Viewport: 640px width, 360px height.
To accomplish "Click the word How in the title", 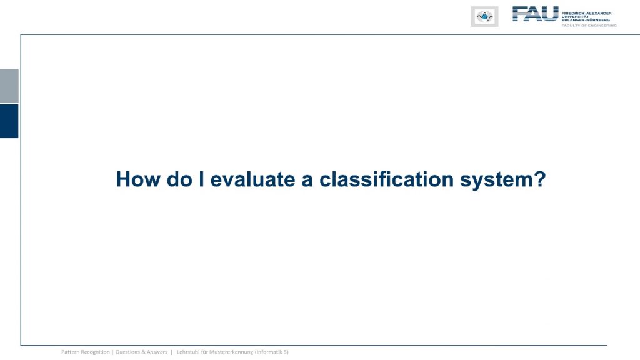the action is [x=138, y=179].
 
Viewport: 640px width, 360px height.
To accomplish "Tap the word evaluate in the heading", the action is [x=252, y=179].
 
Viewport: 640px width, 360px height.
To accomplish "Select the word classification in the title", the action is [x=386, y=179].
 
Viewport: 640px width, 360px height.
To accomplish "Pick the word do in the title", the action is [x=179, y=179].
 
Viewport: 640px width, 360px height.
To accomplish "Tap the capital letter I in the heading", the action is [x=202, y=179].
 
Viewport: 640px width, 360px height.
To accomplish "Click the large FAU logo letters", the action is [x=535, y=14].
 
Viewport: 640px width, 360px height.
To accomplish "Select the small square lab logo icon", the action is [x=484, y=17].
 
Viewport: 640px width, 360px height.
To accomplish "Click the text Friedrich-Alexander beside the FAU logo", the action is [x=586, y=14].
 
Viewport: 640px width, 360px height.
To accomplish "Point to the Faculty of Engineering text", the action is [x=589, y=25].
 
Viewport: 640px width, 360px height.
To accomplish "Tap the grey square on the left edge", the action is [x=9, y=86].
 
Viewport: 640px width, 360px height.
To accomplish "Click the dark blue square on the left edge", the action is [x=9, y=121].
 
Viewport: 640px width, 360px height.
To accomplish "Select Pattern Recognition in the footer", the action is [x=85, y=352].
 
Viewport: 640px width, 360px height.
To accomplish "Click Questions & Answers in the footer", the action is [x=141, y=352].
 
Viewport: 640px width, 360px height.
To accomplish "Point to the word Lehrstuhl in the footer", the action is [x=187, y=352].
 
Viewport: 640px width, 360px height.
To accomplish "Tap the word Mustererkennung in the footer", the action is [x=231, y=352].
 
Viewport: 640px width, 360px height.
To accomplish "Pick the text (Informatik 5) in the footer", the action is [x=272, y=352].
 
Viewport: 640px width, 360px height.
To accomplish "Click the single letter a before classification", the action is [x=307, y=181].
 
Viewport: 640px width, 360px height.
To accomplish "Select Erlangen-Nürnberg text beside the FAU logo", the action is [x=586, y=20].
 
